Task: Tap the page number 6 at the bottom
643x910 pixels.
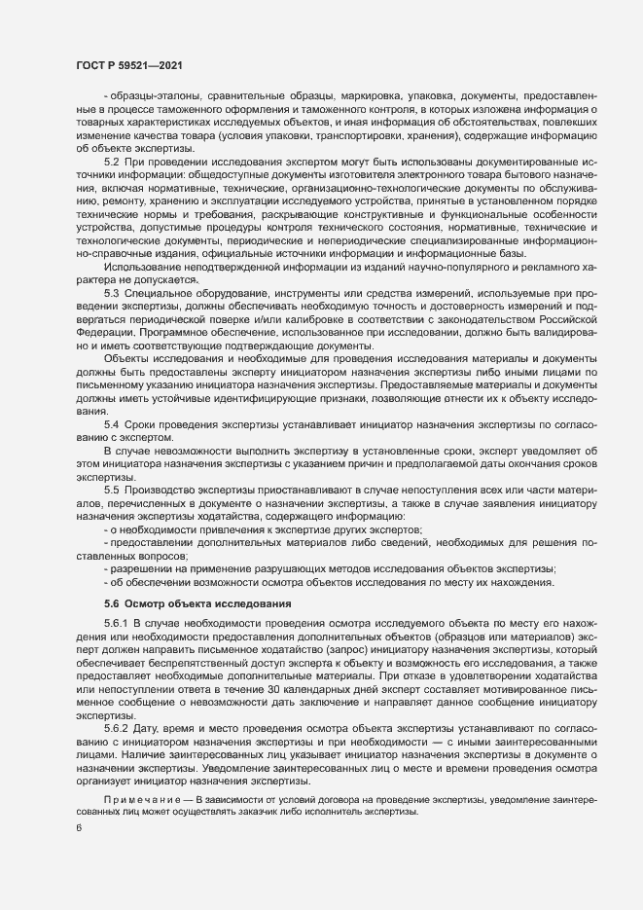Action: pyautogui.click(x=79, y=828)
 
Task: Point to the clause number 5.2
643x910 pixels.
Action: pyautogui.click(x=111, y=160)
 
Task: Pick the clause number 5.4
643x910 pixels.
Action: pyautogui.click(x=111, y=425)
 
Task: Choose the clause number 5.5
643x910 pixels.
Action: pyautogui.click(x=111, y=489)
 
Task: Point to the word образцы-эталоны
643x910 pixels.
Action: pyautogui.click(x=141, y=97)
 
